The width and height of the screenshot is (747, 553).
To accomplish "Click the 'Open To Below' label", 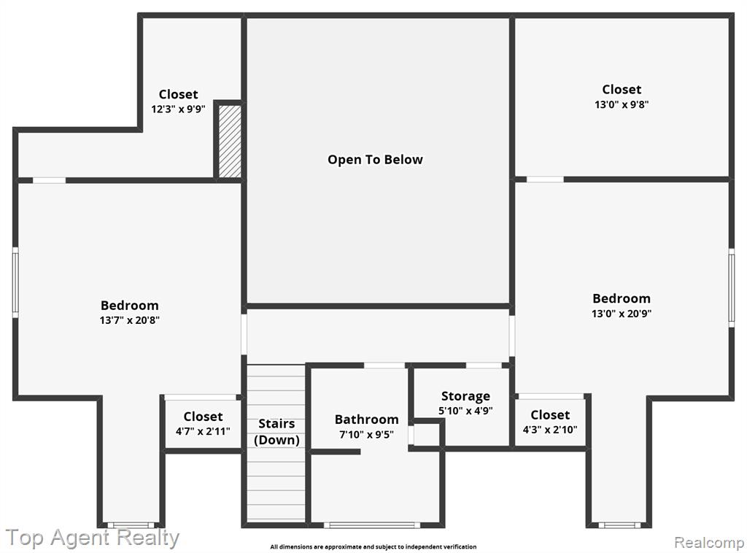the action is click(375, 160).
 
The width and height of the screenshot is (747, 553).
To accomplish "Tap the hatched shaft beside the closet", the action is click(230, 142).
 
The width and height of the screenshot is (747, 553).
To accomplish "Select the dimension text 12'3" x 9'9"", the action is click(178, 109).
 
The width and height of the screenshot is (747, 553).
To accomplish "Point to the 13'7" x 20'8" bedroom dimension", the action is click(130, 320).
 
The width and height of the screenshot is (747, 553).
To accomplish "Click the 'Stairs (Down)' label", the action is click(276, 432).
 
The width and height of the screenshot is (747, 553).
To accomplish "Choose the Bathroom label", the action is click(366, 419).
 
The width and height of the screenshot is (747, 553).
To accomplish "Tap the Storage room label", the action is click(465, 396).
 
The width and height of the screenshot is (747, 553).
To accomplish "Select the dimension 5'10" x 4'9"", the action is click(465, 411).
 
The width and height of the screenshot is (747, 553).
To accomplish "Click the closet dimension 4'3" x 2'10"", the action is click(550, 430).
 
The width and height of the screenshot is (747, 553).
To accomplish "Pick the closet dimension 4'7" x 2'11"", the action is click(203, 432).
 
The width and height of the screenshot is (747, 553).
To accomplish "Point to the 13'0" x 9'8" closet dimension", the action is click(622, 104).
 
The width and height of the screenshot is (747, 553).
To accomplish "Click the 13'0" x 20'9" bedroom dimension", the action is click(622, 314).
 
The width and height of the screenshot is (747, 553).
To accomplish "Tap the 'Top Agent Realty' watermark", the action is click(93, 538).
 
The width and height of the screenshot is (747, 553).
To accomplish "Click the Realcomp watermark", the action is click(709, 542).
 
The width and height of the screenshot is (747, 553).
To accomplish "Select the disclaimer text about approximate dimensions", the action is click(373, 547).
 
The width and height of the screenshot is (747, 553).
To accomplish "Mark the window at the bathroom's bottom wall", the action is click(372, 525).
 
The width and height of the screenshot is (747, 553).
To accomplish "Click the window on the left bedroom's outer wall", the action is click(15, 282).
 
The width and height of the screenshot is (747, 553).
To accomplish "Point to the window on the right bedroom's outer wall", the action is click(732, 287).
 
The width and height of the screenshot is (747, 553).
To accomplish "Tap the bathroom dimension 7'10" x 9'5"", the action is click(366, 434).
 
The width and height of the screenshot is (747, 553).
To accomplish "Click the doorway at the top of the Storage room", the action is click(484, 366).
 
